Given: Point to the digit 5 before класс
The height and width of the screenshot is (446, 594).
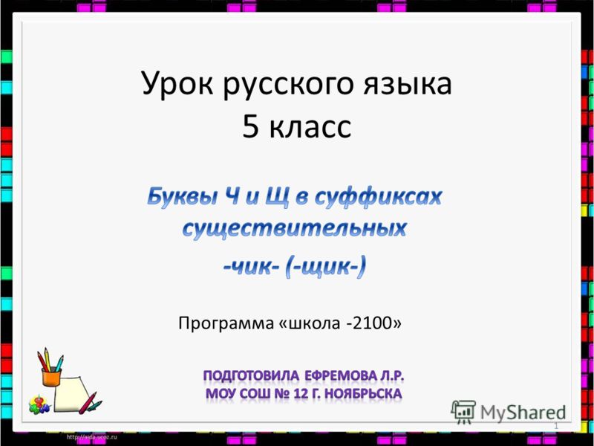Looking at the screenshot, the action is tap(250, 126).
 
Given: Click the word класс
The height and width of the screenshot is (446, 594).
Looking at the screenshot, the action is tap(310, 127).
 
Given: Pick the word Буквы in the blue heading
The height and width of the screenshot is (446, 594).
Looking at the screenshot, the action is tap(182, 198).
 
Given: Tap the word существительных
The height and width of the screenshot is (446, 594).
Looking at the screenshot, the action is tap(294, 229).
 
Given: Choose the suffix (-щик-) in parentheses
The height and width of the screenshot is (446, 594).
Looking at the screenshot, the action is tap(326, 268).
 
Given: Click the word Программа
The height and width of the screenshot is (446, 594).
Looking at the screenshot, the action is tap(226, 324).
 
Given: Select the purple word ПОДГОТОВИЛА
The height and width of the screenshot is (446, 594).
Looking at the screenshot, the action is tap(251, 376).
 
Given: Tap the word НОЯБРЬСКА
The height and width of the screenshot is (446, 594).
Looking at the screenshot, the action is tap(364, 394).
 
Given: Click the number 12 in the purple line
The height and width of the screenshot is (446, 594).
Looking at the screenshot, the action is tap(301, 394).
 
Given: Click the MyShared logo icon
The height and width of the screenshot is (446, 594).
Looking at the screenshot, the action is tap(463, 412).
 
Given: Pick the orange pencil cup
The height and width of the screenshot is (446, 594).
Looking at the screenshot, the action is tap(51, 378).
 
